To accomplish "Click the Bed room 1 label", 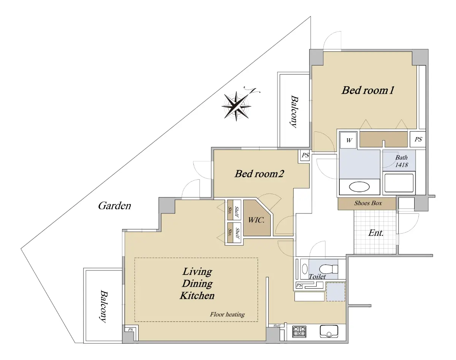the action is pos(368,90).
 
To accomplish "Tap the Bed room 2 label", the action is pos(259,174).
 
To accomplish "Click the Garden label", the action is pos(114,205).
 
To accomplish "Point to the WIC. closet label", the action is pos(256,220).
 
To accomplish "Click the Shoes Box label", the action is pos(368,203).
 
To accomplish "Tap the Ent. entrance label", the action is pos(376,233).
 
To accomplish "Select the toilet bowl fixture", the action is pos(328,269).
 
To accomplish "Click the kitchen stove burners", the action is pos(299,332).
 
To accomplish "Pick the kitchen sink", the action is pos(329,332).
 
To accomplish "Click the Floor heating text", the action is pos(227,314).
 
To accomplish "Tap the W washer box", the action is pos(349,140).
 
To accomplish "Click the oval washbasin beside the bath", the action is pos(359,187).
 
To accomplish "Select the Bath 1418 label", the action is pos(401,161).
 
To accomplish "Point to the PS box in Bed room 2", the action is pos(305,155).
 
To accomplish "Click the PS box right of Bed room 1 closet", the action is pos(418,139).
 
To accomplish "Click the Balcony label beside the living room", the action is pos(104,306).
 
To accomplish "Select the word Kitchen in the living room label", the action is pos(197,295).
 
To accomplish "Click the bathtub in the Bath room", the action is pos(399,183).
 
